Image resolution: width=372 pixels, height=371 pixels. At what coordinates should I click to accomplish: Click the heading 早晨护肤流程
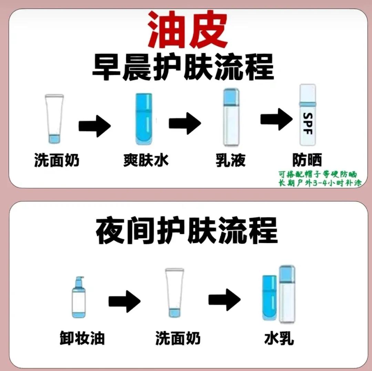pyautogui.click(x=183, y=68)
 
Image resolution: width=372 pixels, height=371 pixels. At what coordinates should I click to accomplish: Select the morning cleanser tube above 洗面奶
pyautogui.click(x=54, y=119)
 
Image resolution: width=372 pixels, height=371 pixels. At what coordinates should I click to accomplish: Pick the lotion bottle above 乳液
pyautogui.click(x=231, y=117)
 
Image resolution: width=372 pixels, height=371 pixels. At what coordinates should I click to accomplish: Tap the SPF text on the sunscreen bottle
pyautogui.click(x=308, y=123)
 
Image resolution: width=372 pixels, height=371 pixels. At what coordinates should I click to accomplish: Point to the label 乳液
pyautogui.click(x=231, y=161)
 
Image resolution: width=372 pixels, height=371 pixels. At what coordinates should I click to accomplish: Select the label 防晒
pyautogui.click(x=307, y=161)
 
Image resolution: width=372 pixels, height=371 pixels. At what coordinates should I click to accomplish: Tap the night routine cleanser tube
pyautogui.click(x=174, y=292)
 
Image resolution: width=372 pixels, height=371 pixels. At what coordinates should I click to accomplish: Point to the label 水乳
pyautogui.click(x=279, y=338)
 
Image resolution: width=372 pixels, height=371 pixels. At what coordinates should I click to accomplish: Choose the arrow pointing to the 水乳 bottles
pyautogui.click(x=224, y=298)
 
